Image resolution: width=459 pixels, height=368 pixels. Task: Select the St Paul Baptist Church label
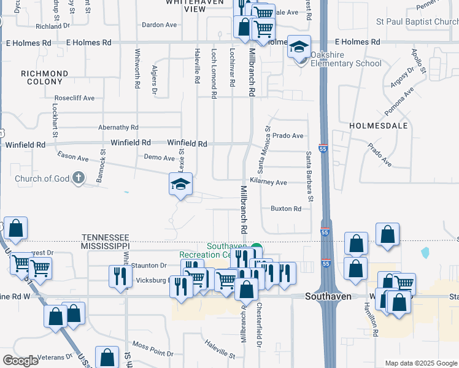click(x=417, y=21)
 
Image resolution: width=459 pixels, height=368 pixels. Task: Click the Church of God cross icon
click(x=78, y=178)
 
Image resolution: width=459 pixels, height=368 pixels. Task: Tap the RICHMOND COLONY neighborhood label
click(x=44, y=78)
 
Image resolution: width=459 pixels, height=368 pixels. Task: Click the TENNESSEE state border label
click(x=106, y=237)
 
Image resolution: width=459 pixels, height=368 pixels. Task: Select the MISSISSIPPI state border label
click(x=106, y=245)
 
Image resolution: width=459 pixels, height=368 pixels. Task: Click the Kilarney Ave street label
click(x=272, y=183)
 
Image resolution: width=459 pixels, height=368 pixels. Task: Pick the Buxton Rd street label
click(x=286, y=209)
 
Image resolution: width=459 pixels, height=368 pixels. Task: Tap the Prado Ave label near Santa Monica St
click(x=288, y=136)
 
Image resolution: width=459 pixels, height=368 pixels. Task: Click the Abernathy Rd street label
click(x=118, y=128)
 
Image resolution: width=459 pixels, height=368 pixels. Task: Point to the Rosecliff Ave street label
click(x=74, y=98)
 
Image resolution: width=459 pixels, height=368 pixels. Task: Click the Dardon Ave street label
click(x=159, y=25)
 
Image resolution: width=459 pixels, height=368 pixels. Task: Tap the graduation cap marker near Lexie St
click(x=181, y=183)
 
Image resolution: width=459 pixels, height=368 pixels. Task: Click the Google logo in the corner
click(x=21, y=361)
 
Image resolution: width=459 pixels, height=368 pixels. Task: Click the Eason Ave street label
click(x=73, y=158)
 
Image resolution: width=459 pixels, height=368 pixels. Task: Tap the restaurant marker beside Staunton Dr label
click(x=120, y=275)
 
